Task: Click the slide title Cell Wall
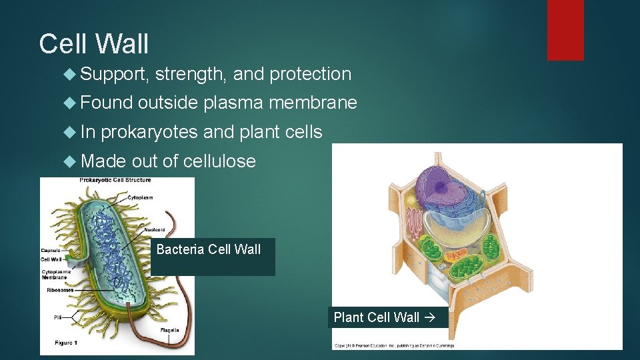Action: [94, 45]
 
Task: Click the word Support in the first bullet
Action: [112, 74]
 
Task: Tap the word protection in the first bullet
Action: [310, 74]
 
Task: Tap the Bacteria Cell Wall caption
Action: [208, 250]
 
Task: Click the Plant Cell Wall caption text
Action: [376, 317]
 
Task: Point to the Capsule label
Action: [51, 251]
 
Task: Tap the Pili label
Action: [58, 317]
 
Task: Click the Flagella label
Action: [169, 331]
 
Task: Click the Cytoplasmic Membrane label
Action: [57, 274]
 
